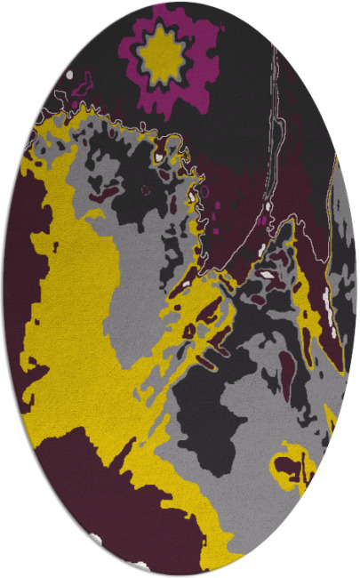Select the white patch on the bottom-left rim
pyautogui.click(x=95, y=539)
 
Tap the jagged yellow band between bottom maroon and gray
pyautogui.click(x=178, y=498)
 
